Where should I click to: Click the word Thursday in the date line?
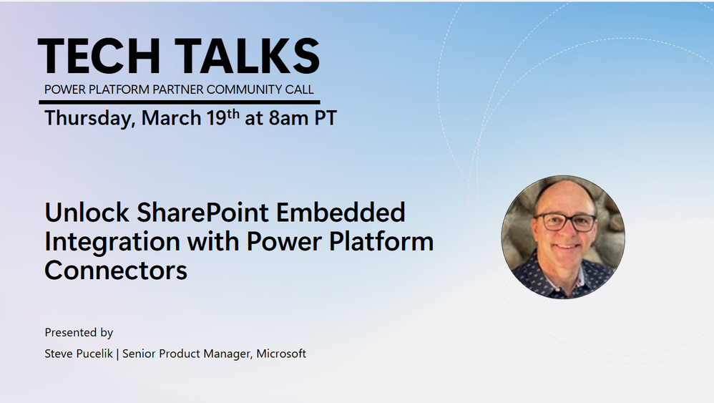(x=89, y=118)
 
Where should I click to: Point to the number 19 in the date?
(x=216, y=118)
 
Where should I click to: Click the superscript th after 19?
(x=233, y=114)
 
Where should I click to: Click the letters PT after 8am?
(x=326, y=118)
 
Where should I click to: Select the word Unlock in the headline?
(x=87, y=212)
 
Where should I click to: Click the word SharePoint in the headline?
(x=202, y=213)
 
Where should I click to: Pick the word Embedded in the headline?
(x=341, y=212)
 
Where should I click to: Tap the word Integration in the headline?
(x=112, y=242)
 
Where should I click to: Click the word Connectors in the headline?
(x=116, y=271)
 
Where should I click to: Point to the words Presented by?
(x=79, y=333)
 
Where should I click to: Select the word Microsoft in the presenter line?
(x=281, y=354)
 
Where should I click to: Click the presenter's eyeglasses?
(x=565, y=222)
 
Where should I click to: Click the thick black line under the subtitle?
(x=180, y=102)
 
